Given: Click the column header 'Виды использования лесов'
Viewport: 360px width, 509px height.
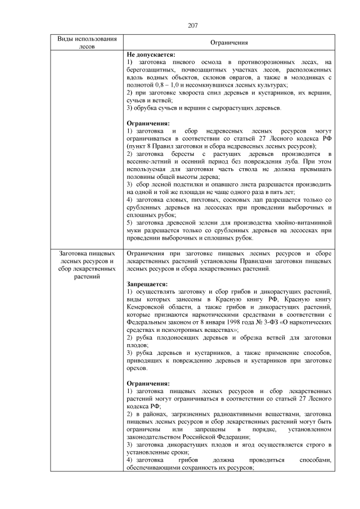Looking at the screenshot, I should pyautogui.click(x=87, y=42).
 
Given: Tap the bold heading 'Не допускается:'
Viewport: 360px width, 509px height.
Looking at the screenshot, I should pyautogui.click(x=151, y=54).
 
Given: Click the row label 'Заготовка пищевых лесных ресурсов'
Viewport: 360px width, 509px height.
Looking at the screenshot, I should pyautogui.click(x=87, y=257).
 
